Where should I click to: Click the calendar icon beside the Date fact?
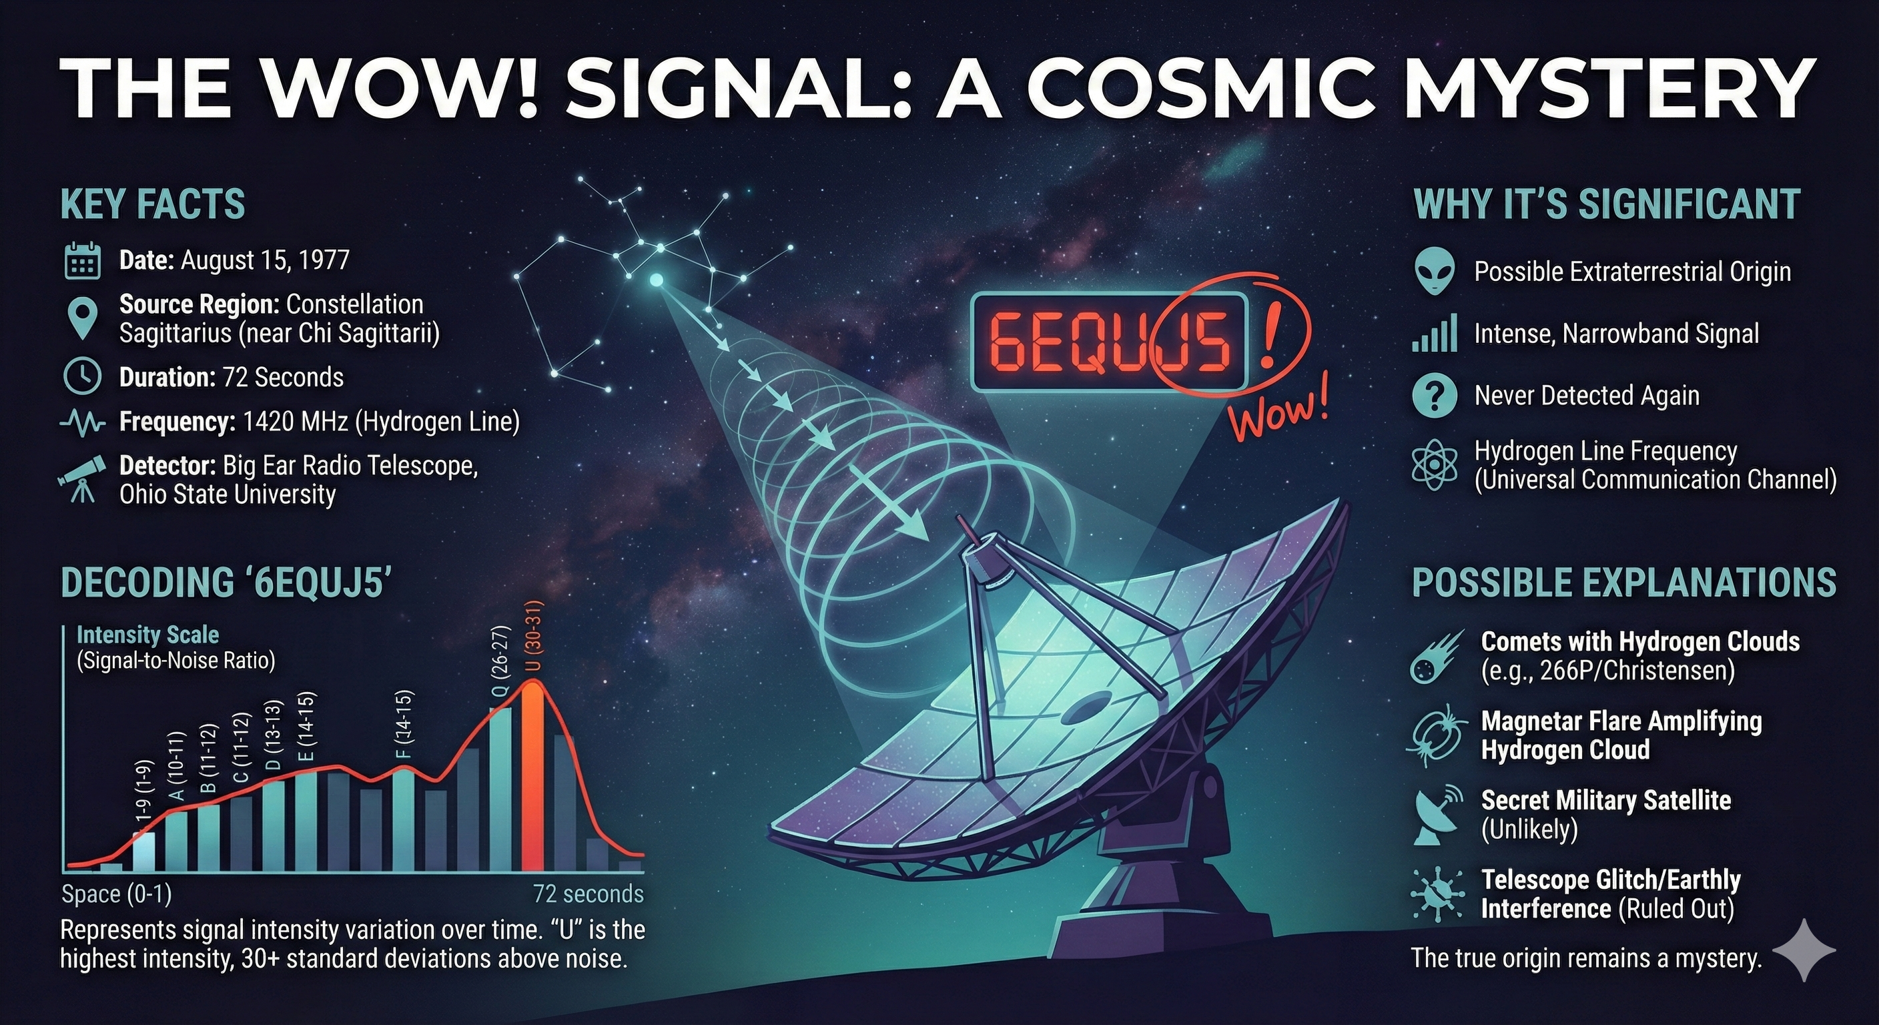tap(83, 260)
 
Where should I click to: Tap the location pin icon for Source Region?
tap(83, 318)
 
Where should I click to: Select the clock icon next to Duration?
tap(83, 376)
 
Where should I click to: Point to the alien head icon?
tap(1434, 271)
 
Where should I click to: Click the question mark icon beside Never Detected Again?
tap(1434, 396)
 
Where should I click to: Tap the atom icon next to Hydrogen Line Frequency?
tap(1434, 464)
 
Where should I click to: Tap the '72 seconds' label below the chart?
tap(588, 894)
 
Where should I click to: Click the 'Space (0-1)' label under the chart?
tap(117, 894)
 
